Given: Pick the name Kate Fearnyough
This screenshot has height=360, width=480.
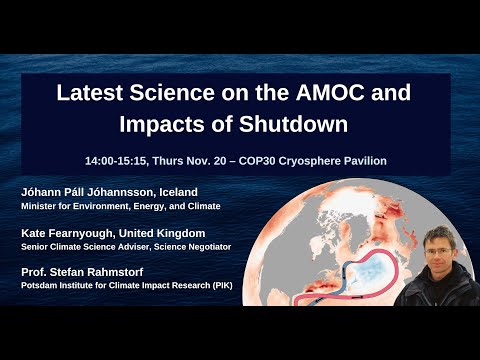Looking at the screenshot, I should coord(66,230).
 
